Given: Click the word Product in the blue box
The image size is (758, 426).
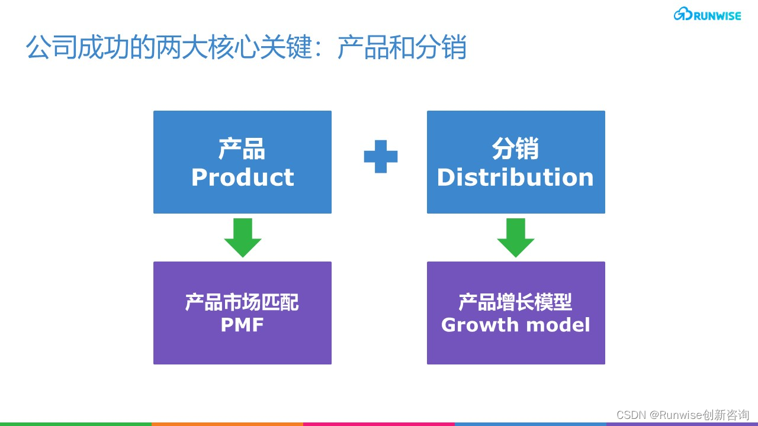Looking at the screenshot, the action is point(243,177).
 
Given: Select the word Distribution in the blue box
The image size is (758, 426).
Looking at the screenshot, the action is point(515,177).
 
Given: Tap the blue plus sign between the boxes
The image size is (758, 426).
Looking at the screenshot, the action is point(381,157).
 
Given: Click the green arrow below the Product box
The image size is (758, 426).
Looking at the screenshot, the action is point(243,238).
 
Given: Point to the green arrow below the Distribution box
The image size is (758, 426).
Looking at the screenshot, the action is point(516,238).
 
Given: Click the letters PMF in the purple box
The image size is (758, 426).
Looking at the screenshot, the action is point(242,325).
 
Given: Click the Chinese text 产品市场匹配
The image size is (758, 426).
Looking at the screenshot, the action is point(242,302).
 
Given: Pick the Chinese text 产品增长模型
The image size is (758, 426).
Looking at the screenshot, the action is point(515,302).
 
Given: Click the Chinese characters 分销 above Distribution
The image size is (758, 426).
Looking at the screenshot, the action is point(515,149).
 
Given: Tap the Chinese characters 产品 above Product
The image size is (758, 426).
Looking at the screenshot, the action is point(242,149).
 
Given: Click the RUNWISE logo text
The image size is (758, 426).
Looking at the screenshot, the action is point(717,16).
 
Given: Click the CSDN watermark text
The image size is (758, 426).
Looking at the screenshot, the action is point(683,415).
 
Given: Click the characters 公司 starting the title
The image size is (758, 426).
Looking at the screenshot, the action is point(52,47).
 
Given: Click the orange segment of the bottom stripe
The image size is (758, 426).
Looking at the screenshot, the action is point(227,424).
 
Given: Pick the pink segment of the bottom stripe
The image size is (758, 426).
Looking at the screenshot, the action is point(379,424).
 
